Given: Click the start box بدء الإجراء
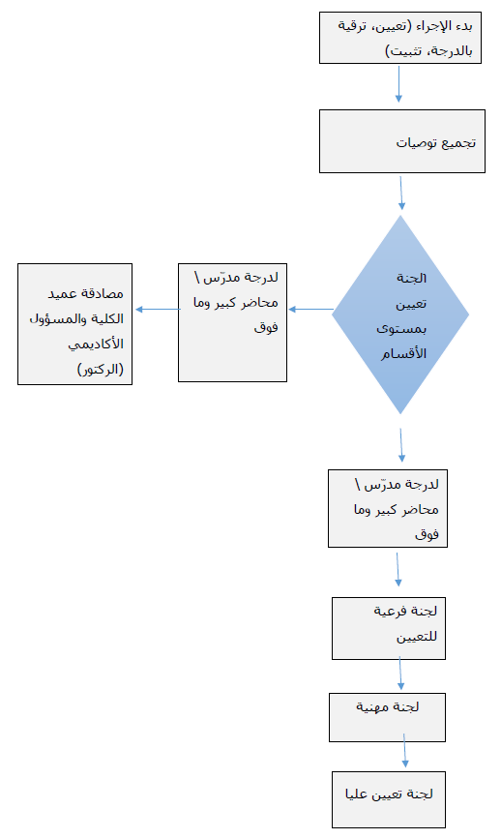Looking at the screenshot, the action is pyautogui.click(x=400, y=38).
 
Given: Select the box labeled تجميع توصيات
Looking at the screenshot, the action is pyautogui.click(x=402, y=141).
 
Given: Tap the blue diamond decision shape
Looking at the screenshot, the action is pyautogui.click(x=400, y=315).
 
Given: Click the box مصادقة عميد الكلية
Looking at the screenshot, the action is pyautogui.click(x=74, y=324).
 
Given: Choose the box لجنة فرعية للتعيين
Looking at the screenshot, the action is pyautogui.click(x=389, y=628).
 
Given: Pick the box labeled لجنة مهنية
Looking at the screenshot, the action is pyautogui.click(x=387, y=717).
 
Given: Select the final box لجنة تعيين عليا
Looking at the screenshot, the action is pyautogui.click(x=389, y=800).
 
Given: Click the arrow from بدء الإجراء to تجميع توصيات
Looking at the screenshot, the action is pyautogui.click(x=398, y=83).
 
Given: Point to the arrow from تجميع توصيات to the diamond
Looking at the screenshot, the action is pyautogui.click(x=401, y=194).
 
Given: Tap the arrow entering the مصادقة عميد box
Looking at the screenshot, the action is pyautogui.click(x=159, y=310).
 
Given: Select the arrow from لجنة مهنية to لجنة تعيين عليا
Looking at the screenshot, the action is pyautogui.click(x=404, y=751).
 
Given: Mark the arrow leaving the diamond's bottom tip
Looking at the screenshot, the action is pyautogui.click(x=401, y=444).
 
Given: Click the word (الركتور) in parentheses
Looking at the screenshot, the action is pyautogui.click(x=101, y=370).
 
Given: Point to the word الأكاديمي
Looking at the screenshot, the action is pyautogui.click(x=96, y=345).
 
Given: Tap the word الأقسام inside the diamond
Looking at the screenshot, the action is pyautogui.click(x=403, y=353).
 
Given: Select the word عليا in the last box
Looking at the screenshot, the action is pyautogui.click(x=357, y=794).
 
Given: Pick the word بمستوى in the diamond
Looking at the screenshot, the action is pyautogui.click(x=401, y=329).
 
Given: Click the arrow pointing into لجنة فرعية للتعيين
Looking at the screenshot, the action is pyautogui.click(x=398, y=569).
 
